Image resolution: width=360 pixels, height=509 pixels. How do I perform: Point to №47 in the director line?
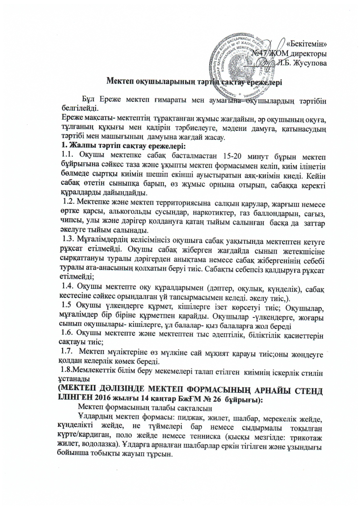point(261,54)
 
